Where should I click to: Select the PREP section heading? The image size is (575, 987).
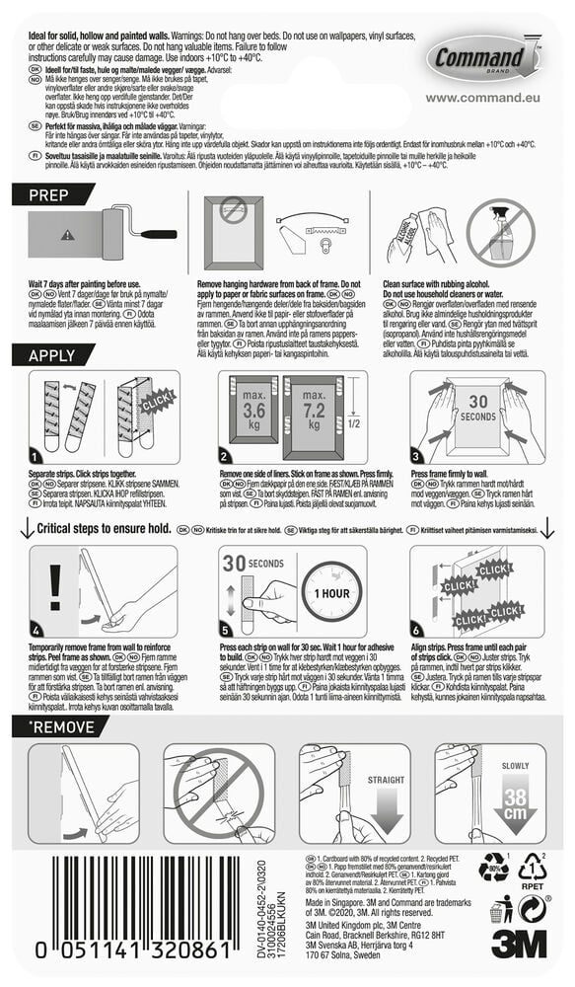click(x=49, y=195)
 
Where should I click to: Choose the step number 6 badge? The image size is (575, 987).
click(x=416, y=629)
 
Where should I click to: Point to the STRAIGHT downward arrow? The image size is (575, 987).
click(x=387, y=798)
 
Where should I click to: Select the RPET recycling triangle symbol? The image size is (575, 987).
click(x=534, y=870)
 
